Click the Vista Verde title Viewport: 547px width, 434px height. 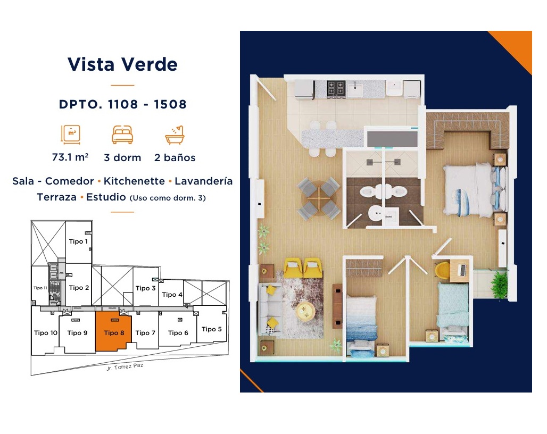tap(122, 64)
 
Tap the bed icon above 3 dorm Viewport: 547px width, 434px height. tap(122, 135)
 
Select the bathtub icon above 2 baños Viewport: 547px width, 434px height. tap(175, 135)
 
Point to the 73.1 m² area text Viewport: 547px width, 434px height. tap(70, 157)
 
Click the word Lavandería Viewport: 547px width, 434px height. tap(203, 181)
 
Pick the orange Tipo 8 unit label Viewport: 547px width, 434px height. tap(114, 333)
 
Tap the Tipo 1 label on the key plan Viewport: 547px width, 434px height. tap(79, 241)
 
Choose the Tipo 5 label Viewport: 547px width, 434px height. tap(212, 329)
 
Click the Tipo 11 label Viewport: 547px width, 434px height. tap(40, 288)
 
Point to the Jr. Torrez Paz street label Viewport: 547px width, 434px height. tap(125, 367)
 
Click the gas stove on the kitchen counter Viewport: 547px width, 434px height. tap(336, 89)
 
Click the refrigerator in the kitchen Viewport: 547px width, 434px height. tap(304, 90)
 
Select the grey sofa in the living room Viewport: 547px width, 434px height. tap(270, 309)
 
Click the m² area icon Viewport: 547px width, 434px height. tap(71, 135)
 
